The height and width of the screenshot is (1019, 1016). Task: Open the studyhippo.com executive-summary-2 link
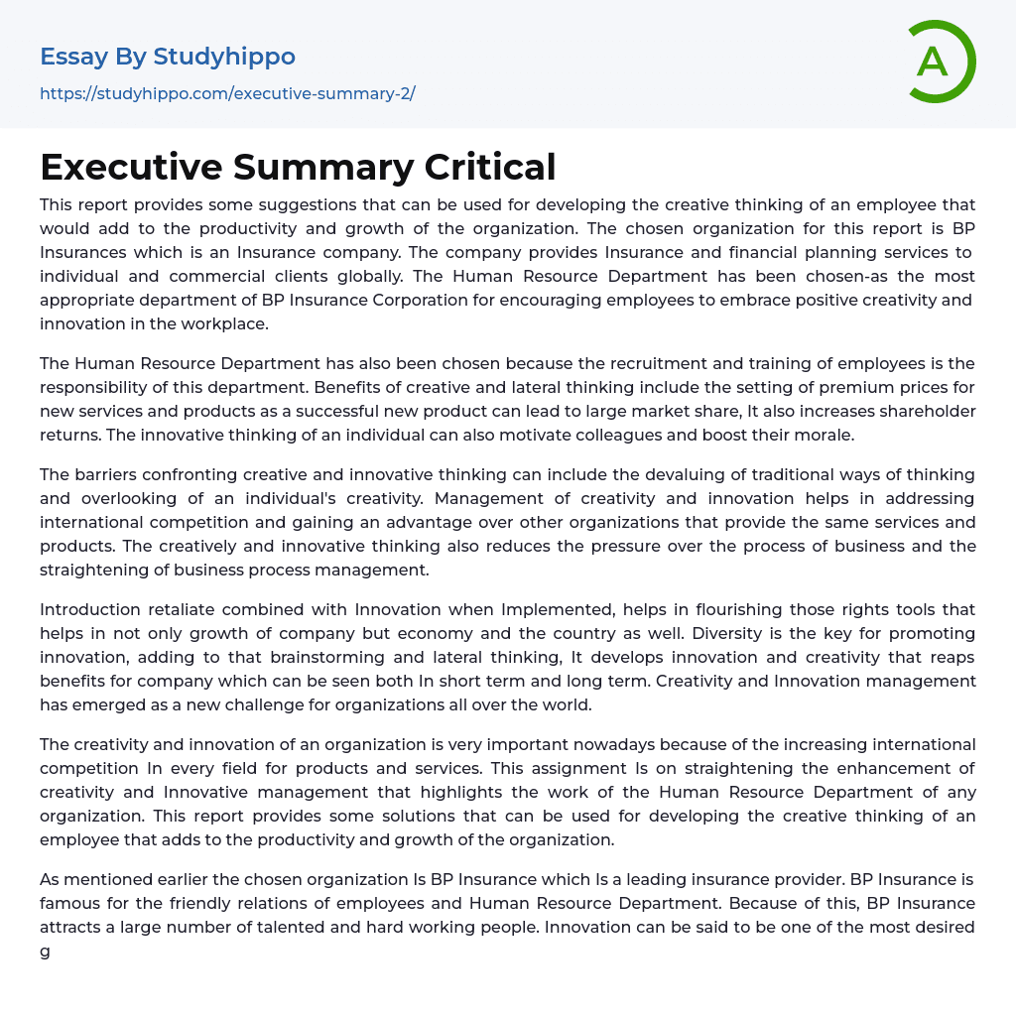click(x=227, y=93)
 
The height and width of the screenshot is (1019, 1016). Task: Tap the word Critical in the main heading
click(x=490, y=167)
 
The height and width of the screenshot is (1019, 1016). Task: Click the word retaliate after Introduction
click(x=183, y=609)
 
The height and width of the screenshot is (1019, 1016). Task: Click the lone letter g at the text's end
click(x=45, y=952)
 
